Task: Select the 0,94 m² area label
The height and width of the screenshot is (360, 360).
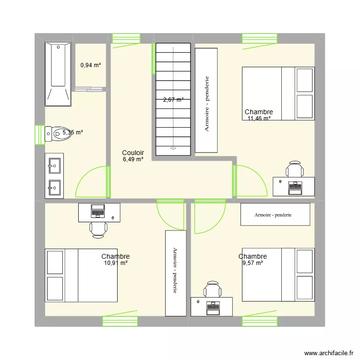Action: (90, 65)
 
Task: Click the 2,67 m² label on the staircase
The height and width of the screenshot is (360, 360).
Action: (173, 100)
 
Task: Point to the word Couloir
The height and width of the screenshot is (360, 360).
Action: (133, 153)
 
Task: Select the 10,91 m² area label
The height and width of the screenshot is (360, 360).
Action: (115, 263)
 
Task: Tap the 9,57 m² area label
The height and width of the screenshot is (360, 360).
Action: (252, 263)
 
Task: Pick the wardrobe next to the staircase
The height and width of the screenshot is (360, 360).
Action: (206, 100)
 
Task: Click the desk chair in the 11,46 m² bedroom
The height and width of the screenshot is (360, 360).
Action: (294, 170)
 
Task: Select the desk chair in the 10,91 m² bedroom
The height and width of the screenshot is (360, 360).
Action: (98, 228)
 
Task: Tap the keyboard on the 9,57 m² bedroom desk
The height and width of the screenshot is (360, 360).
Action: (212, 306)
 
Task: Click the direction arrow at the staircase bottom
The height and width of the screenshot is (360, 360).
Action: (173, 148)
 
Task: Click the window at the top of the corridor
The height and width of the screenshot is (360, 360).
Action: (126, 38)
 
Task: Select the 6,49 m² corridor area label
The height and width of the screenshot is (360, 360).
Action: (133, 159)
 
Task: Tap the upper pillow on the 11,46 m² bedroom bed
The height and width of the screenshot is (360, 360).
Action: (305, 80)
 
